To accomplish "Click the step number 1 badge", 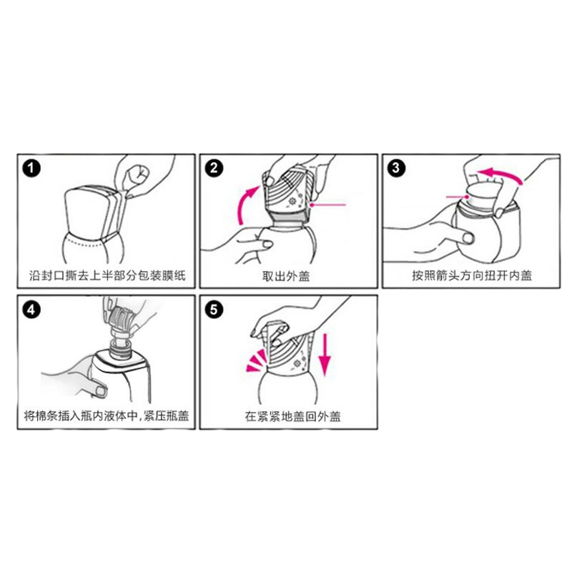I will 31,169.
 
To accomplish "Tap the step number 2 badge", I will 214,169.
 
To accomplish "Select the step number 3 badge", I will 396,169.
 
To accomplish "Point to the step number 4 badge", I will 31,310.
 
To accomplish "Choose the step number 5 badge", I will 214,310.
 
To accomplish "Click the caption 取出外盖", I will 288,275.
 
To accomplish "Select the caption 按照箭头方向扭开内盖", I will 471,275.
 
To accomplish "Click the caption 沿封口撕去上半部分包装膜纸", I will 105,275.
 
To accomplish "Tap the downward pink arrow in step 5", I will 324,354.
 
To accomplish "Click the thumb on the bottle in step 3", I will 469,237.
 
